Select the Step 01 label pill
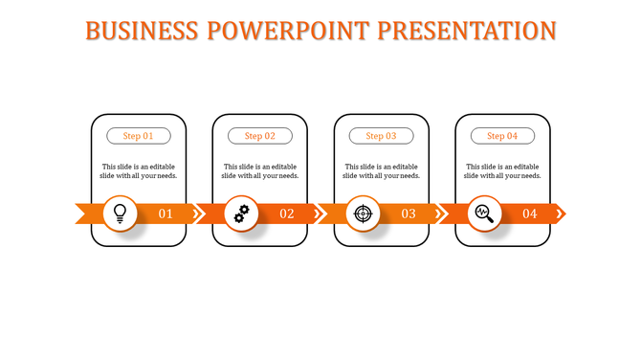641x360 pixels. click(x=139, y=136)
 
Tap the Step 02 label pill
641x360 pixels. click(x=260, y=136)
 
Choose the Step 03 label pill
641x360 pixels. click(x=381, y=136)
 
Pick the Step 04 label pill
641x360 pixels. click(x=502, y=136)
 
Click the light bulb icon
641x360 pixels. click(x=121, y=213)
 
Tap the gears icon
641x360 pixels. click(x=242, y=213)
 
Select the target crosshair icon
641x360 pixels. click(x=363, y=213)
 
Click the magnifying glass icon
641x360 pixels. click(x=484, y=213)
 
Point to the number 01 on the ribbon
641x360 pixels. click(x=166, y=214)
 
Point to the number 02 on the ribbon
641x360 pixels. click(x=287, y=214)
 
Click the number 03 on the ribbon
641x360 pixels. click(x=409, y=214)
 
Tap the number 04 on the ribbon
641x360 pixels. click(x=529, y=214)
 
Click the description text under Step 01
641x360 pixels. click(x=139, y=170)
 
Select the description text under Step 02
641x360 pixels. click(x=260, y=170)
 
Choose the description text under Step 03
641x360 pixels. click(x=381, y=170)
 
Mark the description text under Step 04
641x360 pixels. click(x=502, y=170)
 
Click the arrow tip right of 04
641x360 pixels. click(x=561, y=213)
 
